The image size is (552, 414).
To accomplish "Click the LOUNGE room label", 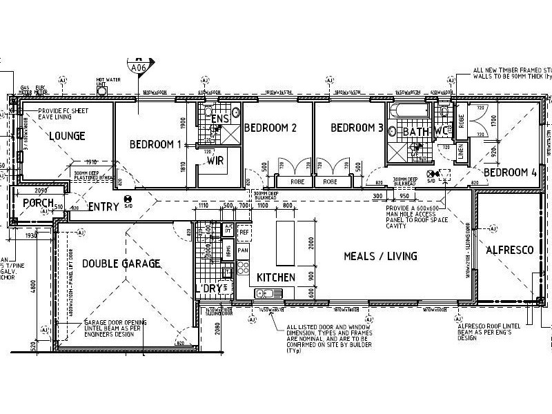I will (x=67, y=136).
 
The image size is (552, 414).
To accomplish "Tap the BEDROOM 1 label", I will (x=155, y=144).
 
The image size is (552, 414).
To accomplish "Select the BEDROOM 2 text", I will (x=270, y=128).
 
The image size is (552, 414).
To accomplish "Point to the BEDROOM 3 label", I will (x=357, y=128).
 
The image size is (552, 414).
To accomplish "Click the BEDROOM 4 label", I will (x=510, y=172).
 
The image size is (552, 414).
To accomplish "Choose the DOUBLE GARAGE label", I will (x=121, y=264).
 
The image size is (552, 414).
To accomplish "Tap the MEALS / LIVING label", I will (x=381, y=256).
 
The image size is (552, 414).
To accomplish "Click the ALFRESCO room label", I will (x=509, y=250).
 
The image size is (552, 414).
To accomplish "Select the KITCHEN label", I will (x=276, y=277).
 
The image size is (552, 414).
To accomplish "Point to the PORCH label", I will (x=39, y=203).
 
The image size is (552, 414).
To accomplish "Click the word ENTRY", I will (x=103, y=206).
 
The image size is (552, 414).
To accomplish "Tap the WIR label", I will (x=214, y=161).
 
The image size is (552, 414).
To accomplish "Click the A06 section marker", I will (x=139, y=67).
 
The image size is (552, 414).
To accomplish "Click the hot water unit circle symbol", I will (x=102, y=90).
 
